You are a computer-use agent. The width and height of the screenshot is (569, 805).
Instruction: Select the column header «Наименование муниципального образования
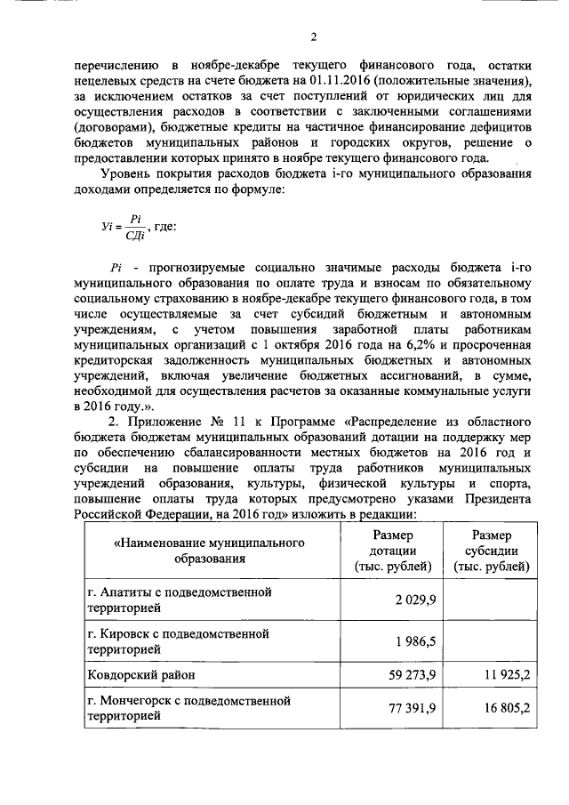[210, 551]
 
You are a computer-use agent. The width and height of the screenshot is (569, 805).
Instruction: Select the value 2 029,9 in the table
[415, 600]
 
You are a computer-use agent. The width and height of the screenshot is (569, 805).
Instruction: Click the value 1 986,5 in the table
[415, 642]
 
